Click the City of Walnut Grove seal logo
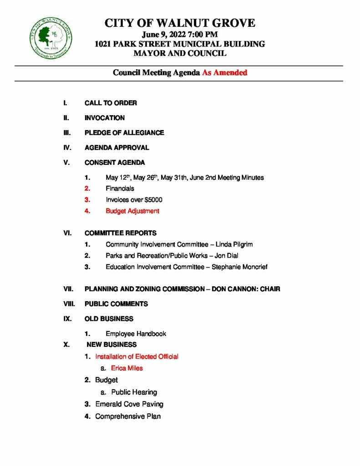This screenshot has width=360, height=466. coord(51,36)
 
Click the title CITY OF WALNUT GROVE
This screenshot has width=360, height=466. coord(180,23)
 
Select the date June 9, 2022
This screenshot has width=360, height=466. coord(167,35)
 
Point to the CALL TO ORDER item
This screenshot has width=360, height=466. coord(111,103)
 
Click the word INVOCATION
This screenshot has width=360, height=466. coord(105,118)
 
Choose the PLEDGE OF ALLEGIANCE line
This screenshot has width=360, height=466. coord(124,133)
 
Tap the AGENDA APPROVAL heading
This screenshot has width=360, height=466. coord(117,147)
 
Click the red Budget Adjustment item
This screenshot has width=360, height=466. coord(132,211)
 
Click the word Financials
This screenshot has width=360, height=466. coord(120,188)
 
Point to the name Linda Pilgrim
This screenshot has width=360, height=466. coord(237,244)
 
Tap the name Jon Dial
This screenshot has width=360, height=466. coord(227,256)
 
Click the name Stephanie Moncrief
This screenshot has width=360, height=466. coord(239,267)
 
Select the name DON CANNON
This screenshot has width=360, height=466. coord(233,289)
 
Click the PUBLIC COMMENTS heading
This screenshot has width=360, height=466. coord(116,304)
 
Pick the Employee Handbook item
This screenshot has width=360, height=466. coord(136,334)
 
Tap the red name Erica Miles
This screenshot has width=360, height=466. coord(127,368)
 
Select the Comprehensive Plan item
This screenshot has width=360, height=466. coord(128,416)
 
